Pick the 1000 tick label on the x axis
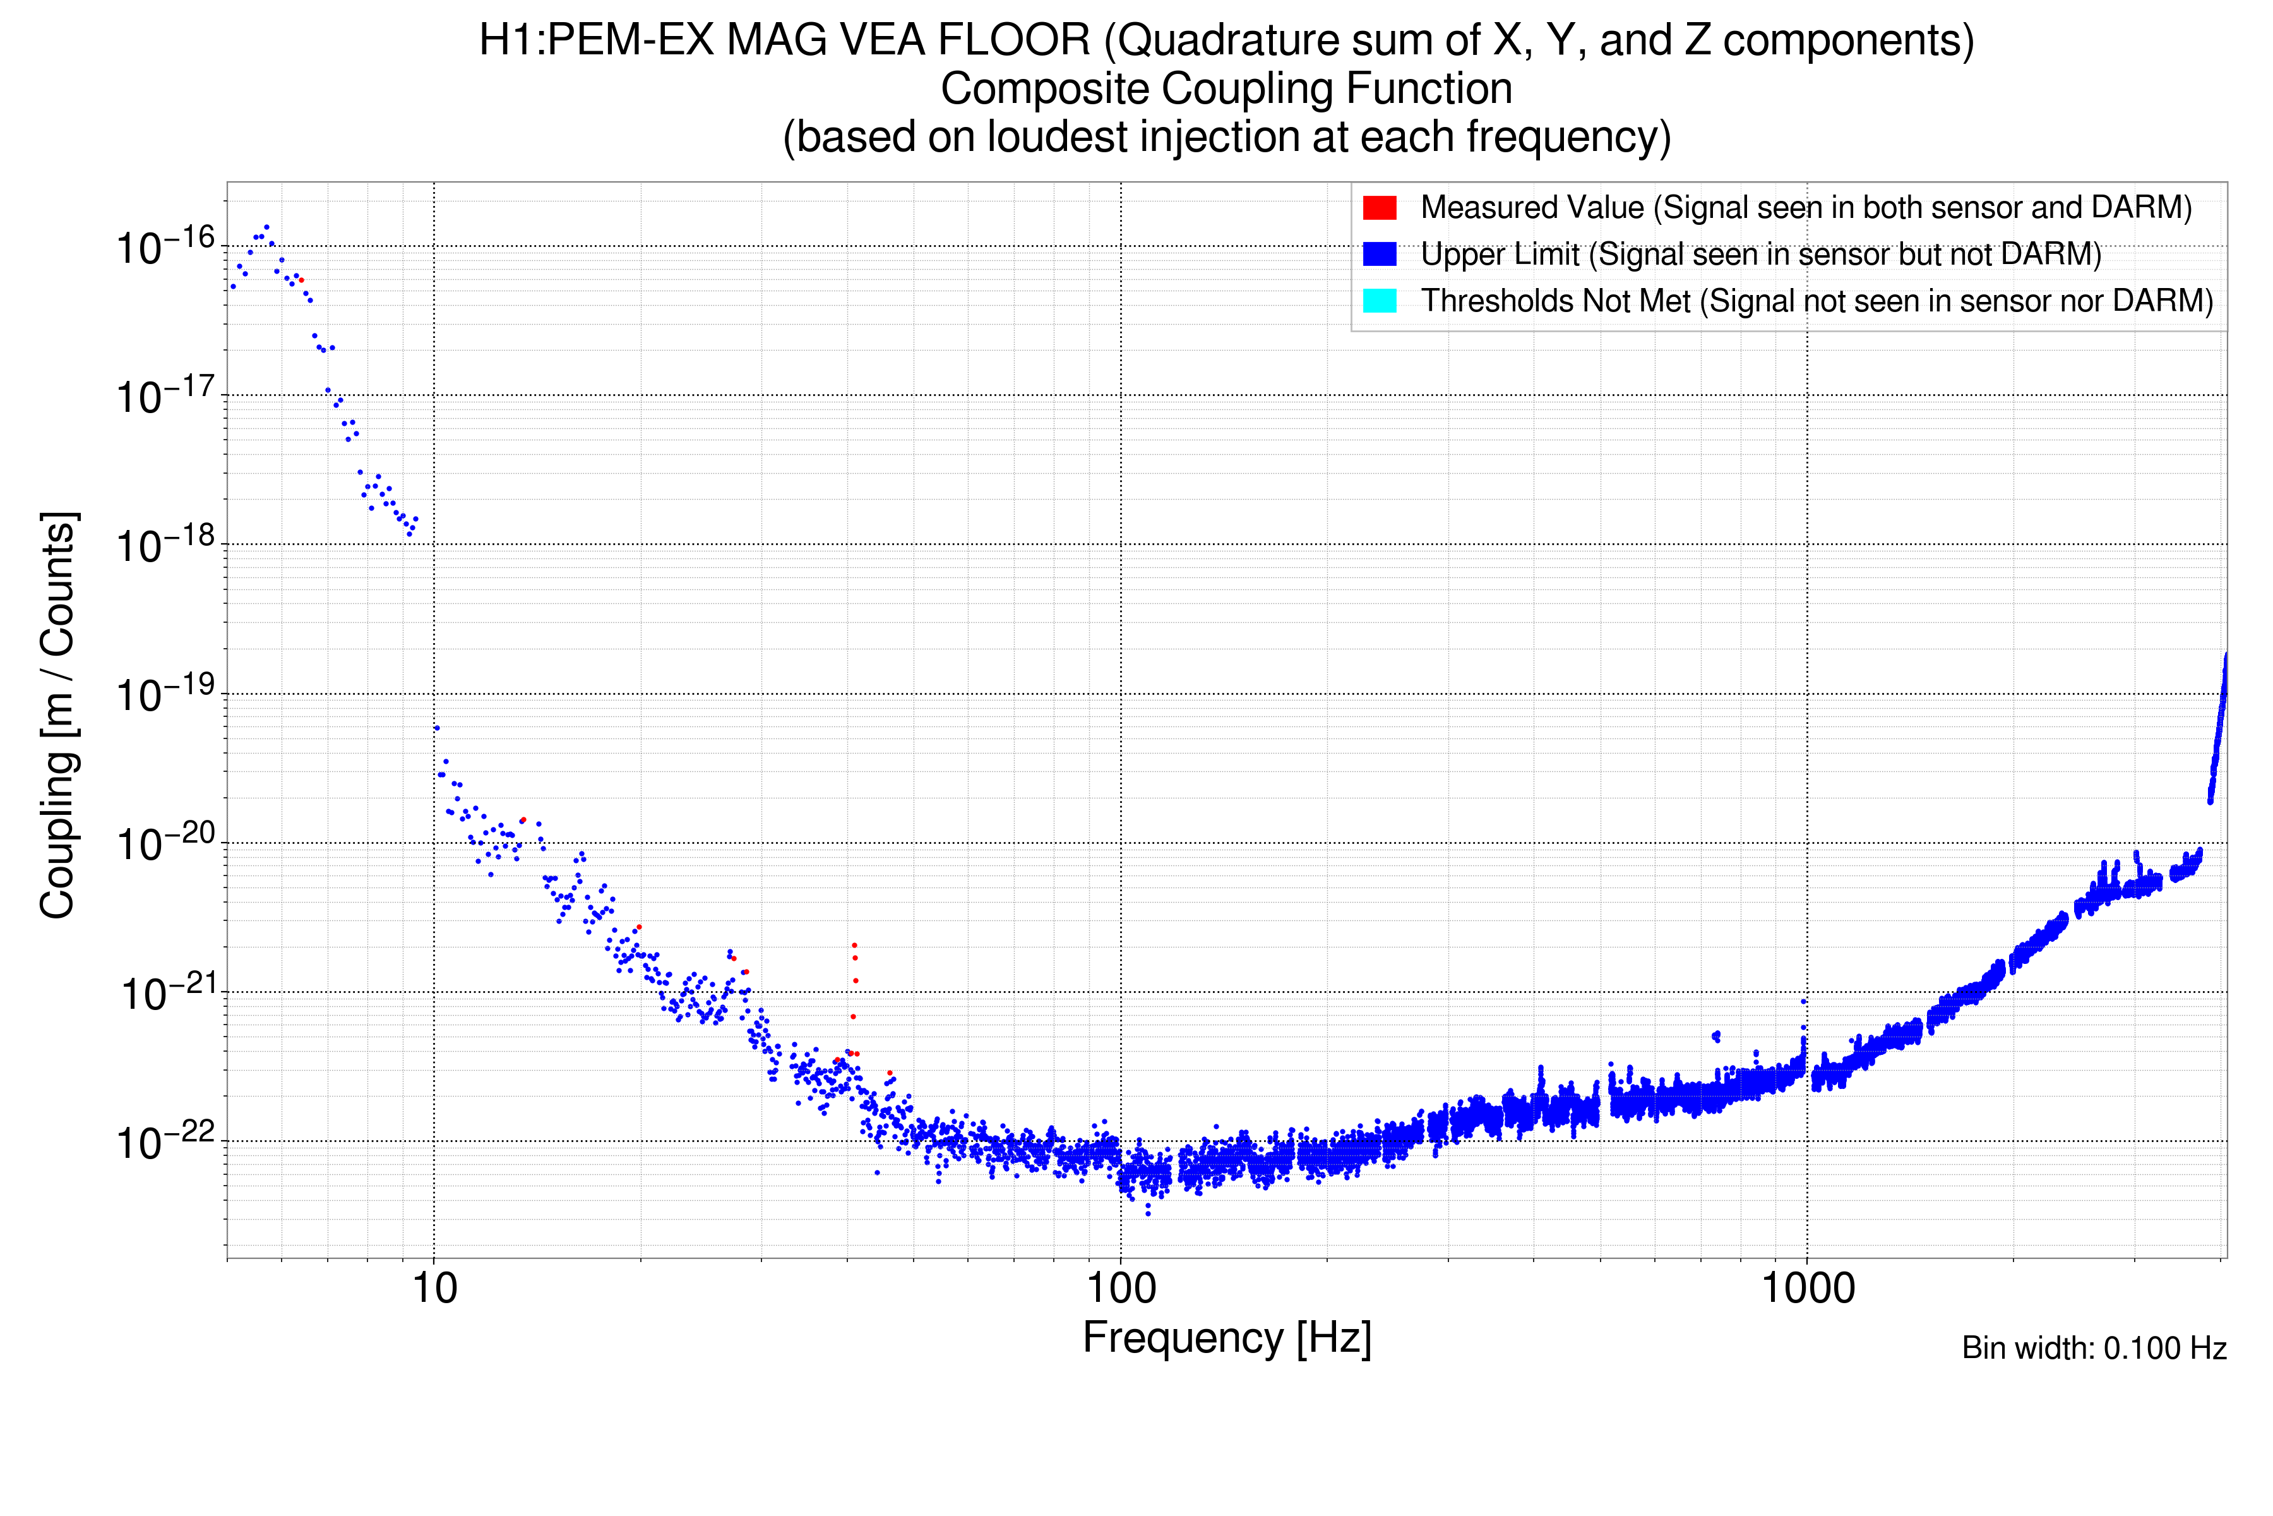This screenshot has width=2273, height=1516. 1806,1289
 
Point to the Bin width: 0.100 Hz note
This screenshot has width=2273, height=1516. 2093,1348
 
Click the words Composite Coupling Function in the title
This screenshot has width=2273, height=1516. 1226,89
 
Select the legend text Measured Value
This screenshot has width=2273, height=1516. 1532,207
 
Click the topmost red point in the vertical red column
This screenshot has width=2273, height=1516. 854,944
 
